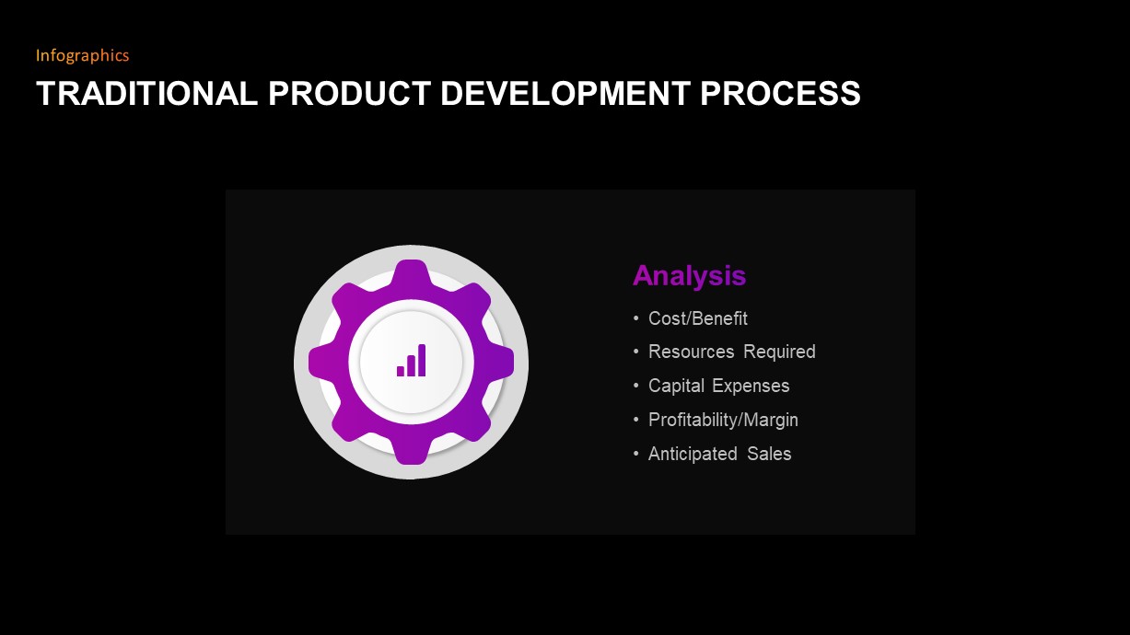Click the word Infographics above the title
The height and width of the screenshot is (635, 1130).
[82, 55]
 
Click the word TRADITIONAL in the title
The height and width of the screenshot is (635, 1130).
[146, 94]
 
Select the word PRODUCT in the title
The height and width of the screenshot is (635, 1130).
[349, 94]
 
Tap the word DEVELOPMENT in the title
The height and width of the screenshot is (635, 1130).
[565, 94]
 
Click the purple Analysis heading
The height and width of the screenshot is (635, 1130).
[689, 275]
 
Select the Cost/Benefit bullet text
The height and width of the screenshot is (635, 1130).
[697, 318]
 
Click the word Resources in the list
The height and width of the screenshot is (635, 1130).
[691, 352]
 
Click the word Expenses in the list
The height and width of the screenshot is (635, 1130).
[751, 386]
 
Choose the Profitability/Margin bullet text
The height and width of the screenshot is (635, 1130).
[723, 420]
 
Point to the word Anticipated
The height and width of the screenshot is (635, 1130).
[693, 454]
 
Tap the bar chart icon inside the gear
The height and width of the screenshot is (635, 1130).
[411, 361]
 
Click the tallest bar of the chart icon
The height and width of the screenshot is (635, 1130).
[422, 360]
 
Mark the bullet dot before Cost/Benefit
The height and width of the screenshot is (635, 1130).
[635, 318]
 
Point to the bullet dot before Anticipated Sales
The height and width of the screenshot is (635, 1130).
[635, 454]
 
